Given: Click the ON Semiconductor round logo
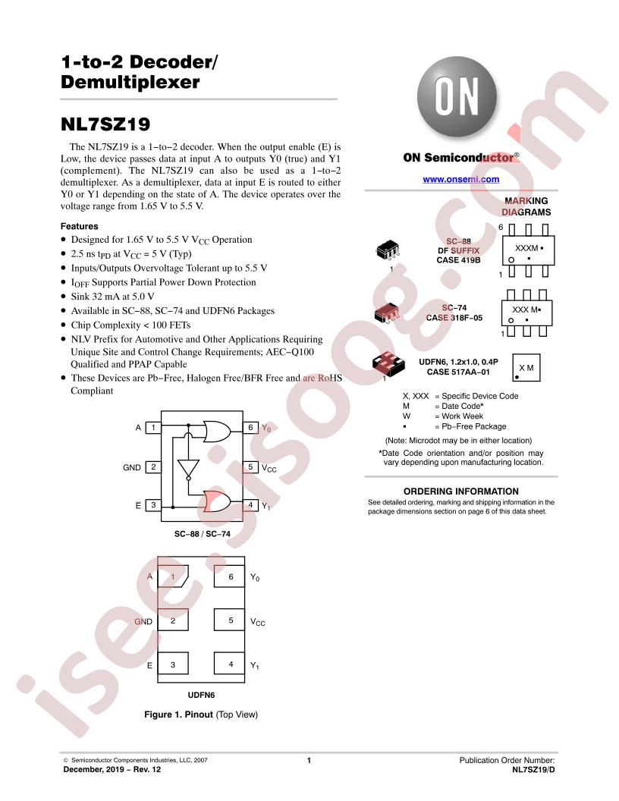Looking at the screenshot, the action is (x=457, y=97).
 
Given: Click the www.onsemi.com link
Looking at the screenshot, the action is (x=460, y=179).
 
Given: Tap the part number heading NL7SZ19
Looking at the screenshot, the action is (x=105, y=124).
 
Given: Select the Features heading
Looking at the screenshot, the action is (x=79, y=226).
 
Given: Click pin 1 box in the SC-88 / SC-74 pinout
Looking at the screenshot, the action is (x=153, y=428).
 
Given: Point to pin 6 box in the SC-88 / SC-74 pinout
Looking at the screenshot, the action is (x=250, y=428).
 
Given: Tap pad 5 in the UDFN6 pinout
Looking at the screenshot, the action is (x=229, y=620).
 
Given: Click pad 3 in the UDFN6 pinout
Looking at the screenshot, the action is (x=173, y=664).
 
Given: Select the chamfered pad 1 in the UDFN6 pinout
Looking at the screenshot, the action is (x=173, y=576).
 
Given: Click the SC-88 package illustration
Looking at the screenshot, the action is (x=388, y=250).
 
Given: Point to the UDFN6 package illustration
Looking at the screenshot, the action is (x=388, y=363).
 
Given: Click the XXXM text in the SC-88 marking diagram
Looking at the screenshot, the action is (x=526, y=248).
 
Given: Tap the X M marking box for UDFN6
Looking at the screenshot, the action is (x=526, y=367).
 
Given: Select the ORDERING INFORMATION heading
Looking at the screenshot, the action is (x=460, y=492).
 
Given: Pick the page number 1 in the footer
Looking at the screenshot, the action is (x=309, y=760).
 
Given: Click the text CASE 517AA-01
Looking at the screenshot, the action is (x=458, y=372).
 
